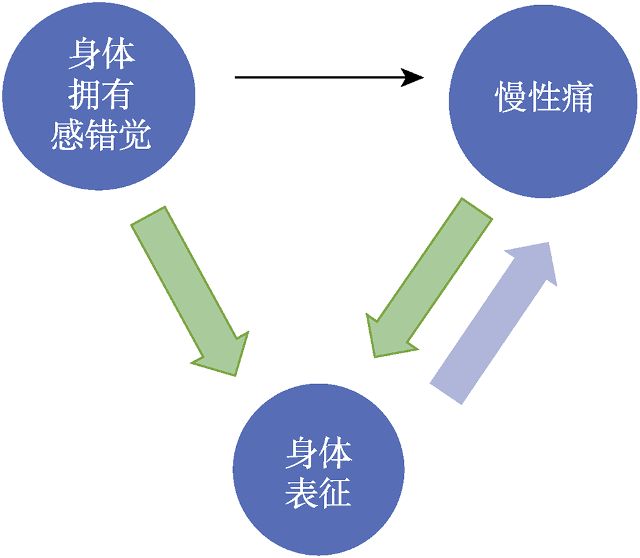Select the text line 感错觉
[100, 135]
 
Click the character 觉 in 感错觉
[134, 135]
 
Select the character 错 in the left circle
[100, 135]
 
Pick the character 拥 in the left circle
[84, 97]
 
